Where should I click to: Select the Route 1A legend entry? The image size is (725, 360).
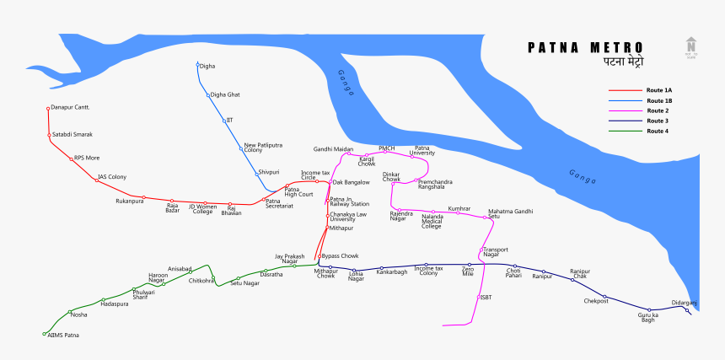[659, 90]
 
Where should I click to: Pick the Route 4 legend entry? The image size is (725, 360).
[658, 132]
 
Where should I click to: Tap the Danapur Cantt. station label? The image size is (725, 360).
[70, 108]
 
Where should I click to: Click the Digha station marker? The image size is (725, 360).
[198, 65]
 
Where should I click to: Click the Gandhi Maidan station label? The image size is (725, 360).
[333, 149]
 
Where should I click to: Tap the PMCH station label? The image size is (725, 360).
[387, 148]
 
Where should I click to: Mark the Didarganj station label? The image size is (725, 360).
[685, 302]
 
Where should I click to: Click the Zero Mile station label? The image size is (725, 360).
[468, 271]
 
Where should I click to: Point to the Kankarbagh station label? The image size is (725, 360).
[392, 272]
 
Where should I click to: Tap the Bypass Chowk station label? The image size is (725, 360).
[341, 255]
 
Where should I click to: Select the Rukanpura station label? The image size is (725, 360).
[130, 201]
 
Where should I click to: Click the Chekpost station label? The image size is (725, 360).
[596, 301]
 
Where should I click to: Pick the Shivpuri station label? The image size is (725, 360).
[269, 172]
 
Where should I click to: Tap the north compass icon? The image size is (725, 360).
[691, 47]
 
